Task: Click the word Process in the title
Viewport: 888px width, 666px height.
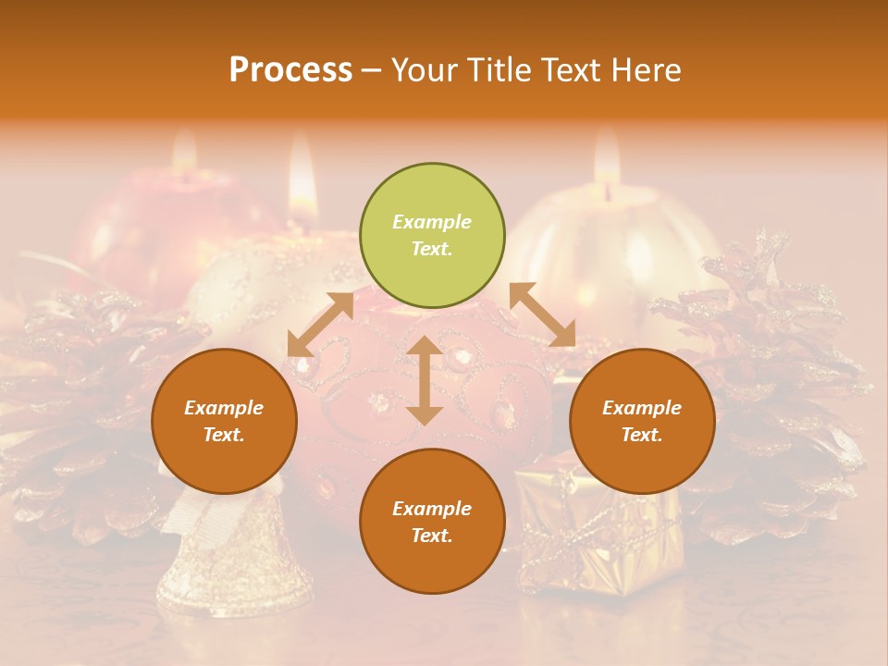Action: click(290, 70)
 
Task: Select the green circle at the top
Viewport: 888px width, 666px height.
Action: click(432, 235)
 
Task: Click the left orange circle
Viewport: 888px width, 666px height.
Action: click(224, 421)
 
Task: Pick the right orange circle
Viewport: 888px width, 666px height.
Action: click(642, 421)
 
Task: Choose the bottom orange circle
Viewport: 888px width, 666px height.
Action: click(432, 521)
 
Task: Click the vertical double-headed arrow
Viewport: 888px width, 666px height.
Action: click(425, 380)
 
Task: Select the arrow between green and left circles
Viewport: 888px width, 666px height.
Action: click(320, 325)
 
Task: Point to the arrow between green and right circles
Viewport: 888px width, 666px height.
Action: click(543, 314)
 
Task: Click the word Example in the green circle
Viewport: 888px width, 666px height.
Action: click(432, 222)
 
